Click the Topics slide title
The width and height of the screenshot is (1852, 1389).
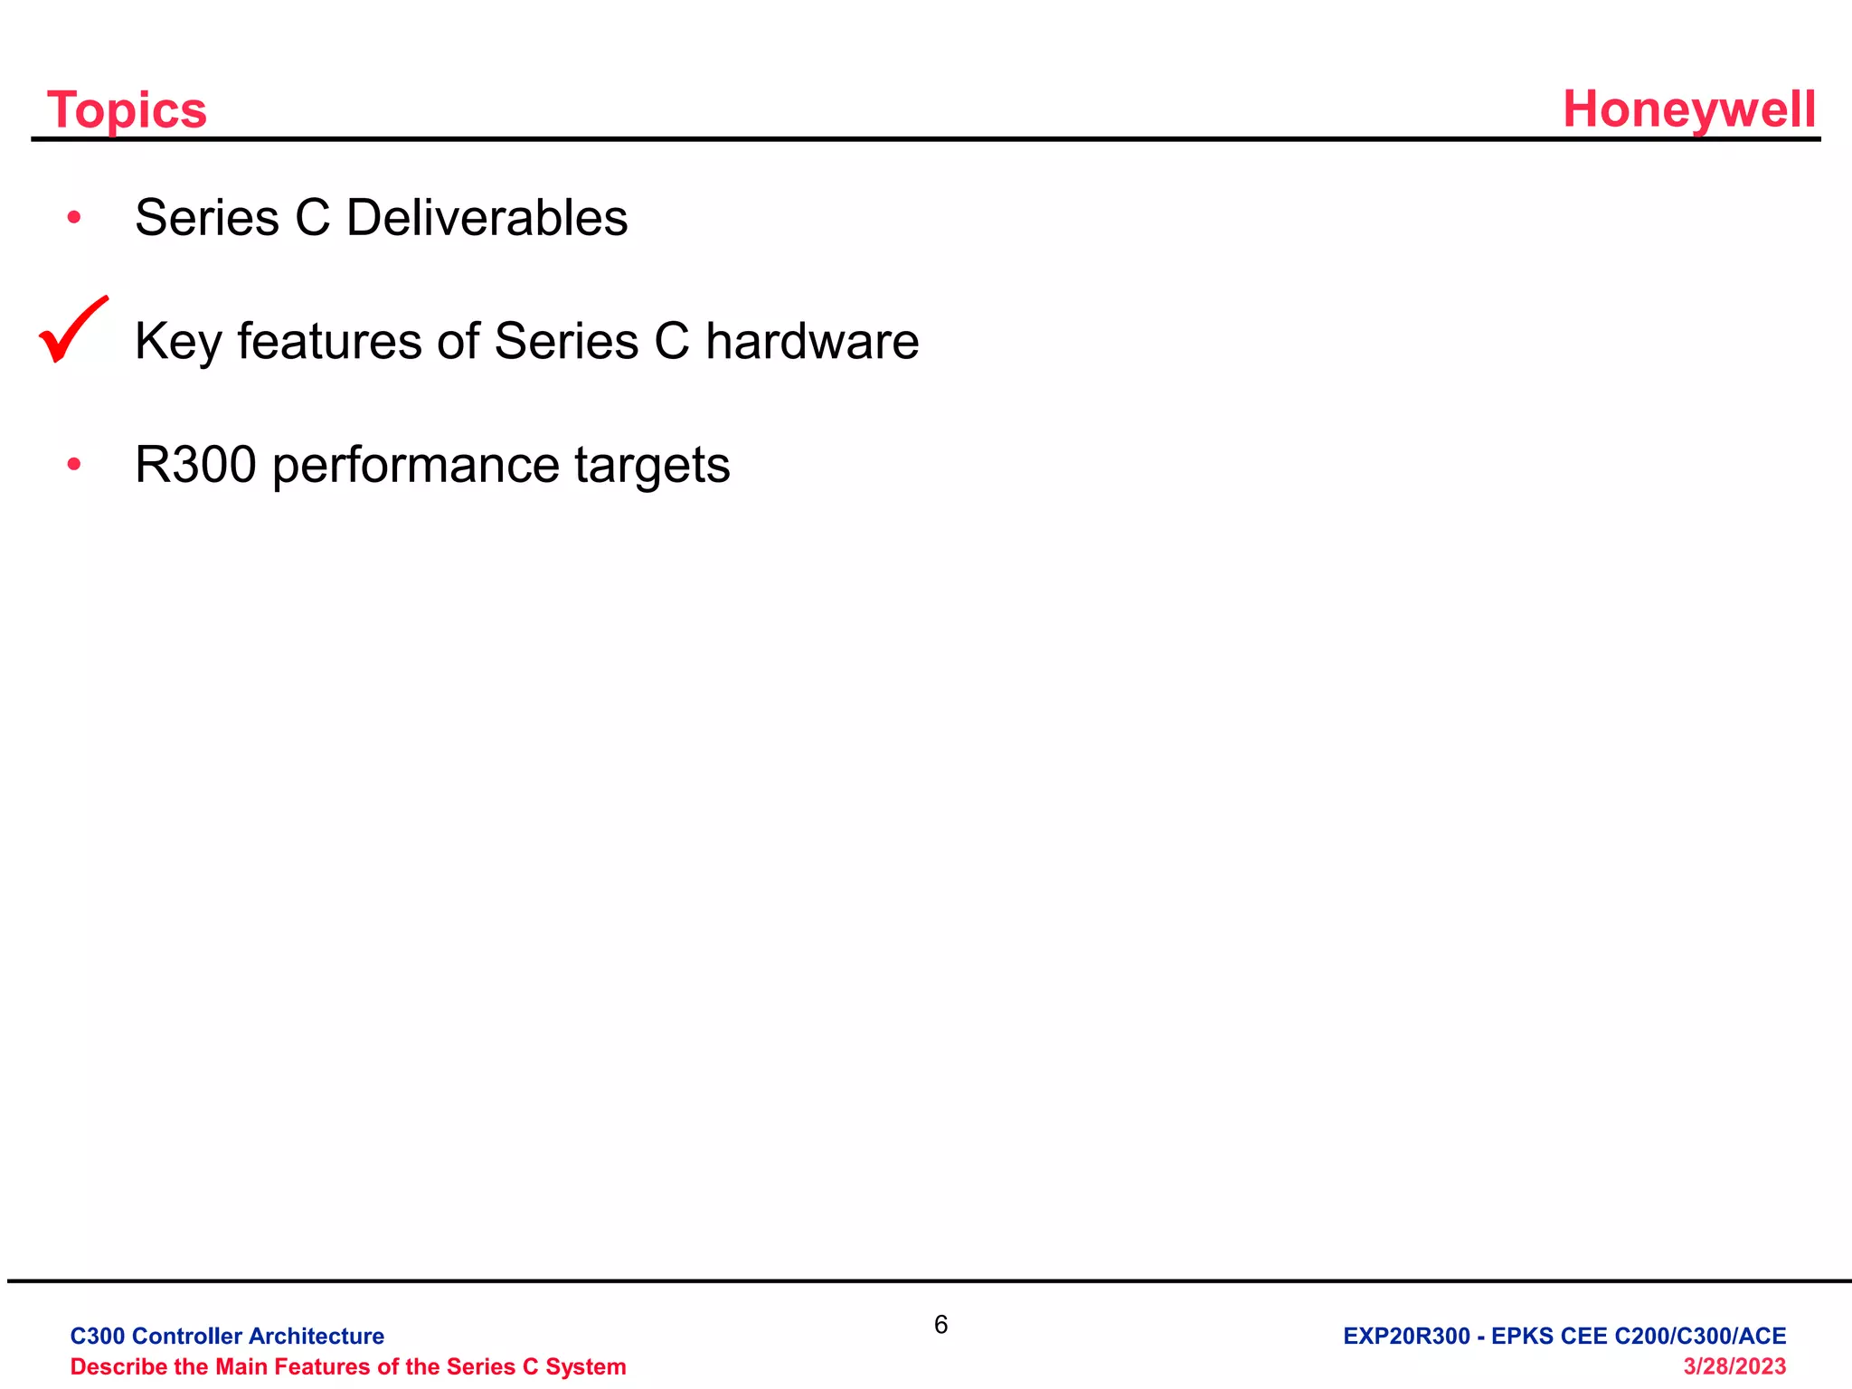coord(127,110)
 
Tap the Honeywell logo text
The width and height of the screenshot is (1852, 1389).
coord(1689,110)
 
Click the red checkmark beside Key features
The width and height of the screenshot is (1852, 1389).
coord(72,330)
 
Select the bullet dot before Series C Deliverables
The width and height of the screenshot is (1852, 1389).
coord(74,217)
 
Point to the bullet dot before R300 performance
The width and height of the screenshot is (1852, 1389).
coord(74,465)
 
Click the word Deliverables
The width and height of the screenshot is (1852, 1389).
coord(487,218)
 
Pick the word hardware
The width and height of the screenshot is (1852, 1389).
coord(812,342)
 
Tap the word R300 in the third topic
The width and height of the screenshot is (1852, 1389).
coord(195,465)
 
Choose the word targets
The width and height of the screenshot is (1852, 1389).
coord(652,467)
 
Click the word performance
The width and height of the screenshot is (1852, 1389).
coord(416,467)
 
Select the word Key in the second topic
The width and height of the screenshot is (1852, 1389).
coord(178,344)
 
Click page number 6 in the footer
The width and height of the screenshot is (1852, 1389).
coord(940,1325)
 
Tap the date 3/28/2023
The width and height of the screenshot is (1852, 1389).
coord(1734,1365)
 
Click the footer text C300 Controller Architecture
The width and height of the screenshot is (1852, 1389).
coord(227,1336)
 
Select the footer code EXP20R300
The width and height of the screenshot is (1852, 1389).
coord(1406,1336)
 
